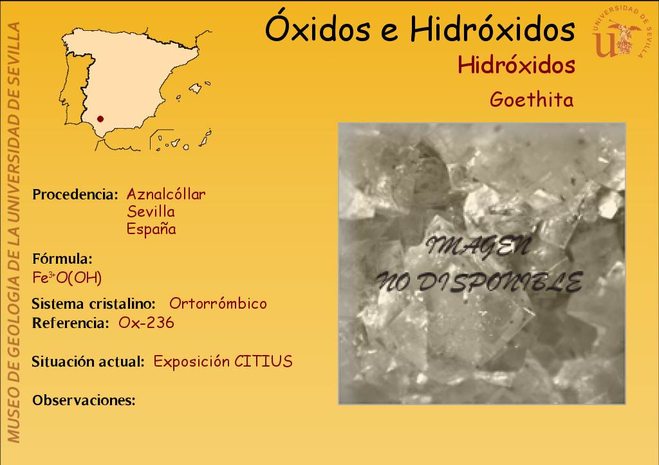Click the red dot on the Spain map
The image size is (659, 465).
100,119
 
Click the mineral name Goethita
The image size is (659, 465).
532,100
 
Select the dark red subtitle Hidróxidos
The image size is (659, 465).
516,65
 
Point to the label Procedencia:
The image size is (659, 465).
75,194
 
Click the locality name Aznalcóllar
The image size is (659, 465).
166,194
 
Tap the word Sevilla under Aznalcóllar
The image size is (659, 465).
151,212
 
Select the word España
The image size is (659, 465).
151,229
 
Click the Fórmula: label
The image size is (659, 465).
62,259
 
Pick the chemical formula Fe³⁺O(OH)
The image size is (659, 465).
67,278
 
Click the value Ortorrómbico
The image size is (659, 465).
218,304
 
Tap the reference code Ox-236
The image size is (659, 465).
146,323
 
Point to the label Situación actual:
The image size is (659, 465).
88,361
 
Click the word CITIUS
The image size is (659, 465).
263,361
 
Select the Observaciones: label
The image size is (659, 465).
84,400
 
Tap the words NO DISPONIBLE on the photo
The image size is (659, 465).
479,282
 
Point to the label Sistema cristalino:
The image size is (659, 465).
94,304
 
